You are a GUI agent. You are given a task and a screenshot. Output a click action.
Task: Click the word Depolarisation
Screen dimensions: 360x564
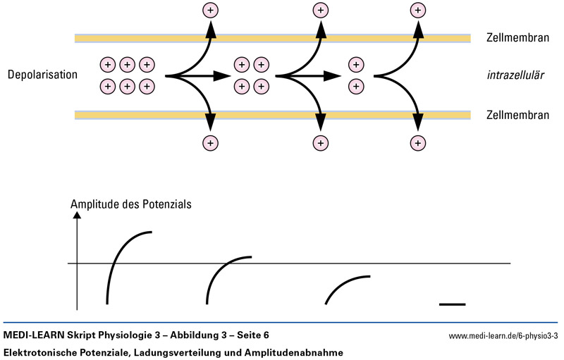tap(42, 74)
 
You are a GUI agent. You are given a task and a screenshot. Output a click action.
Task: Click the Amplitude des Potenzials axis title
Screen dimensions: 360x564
tap(131, 204)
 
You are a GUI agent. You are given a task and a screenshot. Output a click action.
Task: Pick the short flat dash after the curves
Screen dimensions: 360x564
tap(452, 304)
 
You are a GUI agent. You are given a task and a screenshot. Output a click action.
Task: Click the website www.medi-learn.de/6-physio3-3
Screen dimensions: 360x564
tap(503, 335)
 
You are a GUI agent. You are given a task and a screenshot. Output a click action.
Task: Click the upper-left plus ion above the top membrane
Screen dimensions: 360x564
tap(210, 10)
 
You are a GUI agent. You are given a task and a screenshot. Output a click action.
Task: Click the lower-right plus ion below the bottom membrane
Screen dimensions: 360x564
tap(418, 143)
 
